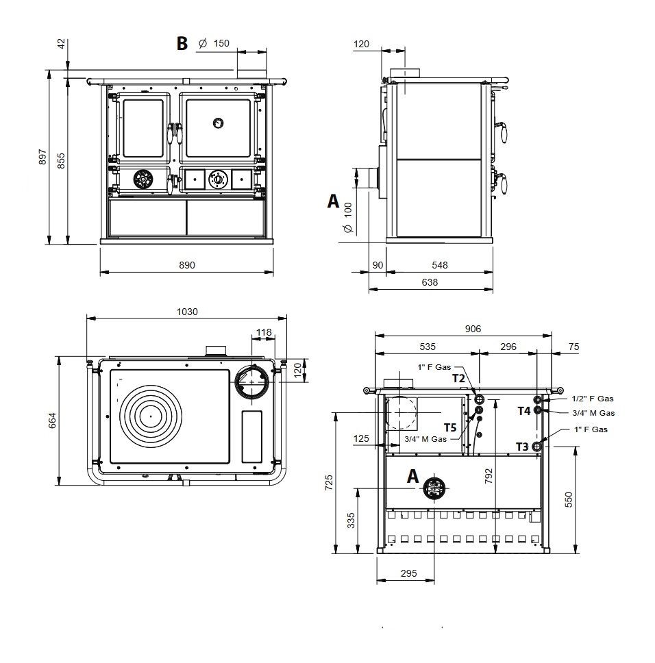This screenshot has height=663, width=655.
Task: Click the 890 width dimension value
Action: (187, 265)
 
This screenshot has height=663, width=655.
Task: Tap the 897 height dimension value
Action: (43, 157)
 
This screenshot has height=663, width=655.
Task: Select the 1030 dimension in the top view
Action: (186, 312)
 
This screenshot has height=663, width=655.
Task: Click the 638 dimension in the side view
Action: (430, 282)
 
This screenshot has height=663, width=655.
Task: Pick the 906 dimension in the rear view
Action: (473, 329)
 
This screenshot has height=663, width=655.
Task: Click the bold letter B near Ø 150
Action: (182, 44)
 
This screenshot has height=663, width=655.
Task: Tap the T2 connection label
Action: (458, 378)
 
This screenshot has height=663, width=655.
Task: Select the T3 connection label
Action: (522, 447)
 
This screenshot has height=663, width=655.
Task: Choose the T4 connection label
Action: (523, 411)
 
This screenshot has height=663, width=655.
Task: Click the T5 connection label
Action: (450, 427)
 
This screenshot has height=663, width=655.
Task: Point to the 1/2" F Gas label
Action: (593, 398)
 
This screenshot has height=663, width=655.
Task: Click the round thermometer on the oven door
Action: (217, 123)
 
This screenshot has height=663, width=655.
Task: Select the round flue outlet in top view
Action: (253, 381)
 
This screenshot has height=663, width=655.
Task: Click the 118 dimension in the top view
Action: (264, 333)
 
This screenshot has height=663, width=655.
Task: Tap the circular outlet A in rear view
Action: (434, 488)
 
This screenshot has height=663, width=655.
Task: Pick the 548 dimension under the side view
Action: (440, 265)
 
